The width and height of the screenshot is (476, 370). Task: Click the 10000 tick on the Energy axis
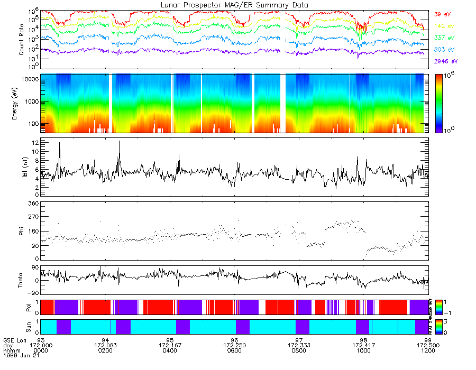click(28, 79)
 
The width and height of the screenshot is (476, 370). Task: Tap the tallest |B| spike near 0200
click(119, 141)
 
